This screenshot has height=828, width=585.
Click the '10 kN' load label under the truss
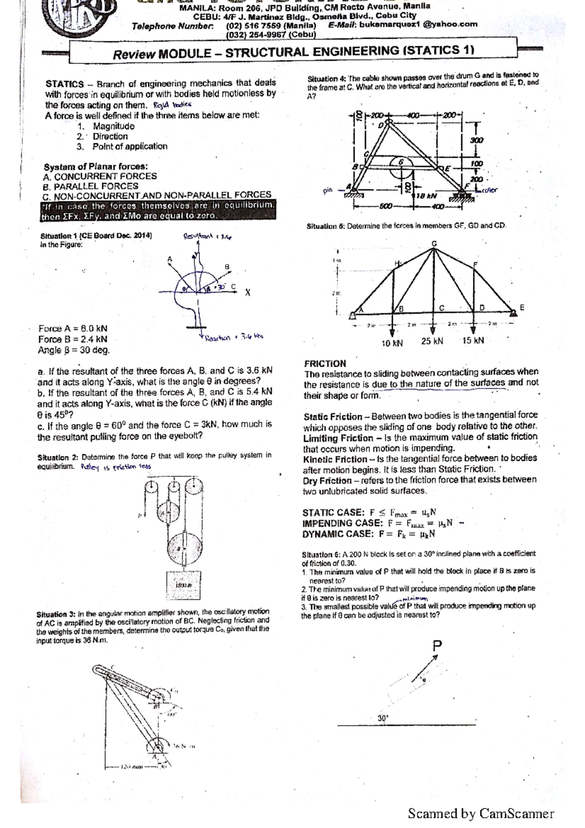(392, 343)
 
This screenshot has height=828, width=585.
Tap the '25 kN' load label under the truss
(432, 341)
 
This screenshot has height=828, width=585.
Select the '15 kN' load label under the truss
(473, 340)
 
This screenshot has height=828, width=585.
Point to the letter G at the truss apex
(434, 243)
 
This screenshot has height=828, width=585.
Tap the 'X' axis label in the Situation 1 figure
(248, 293)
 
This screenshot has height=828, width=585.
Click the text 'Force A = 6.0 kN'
(73, 329)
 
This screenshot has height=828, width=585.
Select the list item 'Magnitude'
(114, 126)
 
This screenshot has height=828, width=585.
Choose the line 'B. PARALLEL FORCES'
(91, 186)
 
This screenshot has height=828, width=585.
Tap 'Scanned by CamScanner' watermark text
(481, 813)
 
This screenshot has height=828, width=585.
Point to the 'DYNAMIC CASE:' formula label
(337, 533)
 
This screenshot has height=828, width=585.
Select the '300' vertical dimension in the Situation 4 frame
(476, 140)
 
